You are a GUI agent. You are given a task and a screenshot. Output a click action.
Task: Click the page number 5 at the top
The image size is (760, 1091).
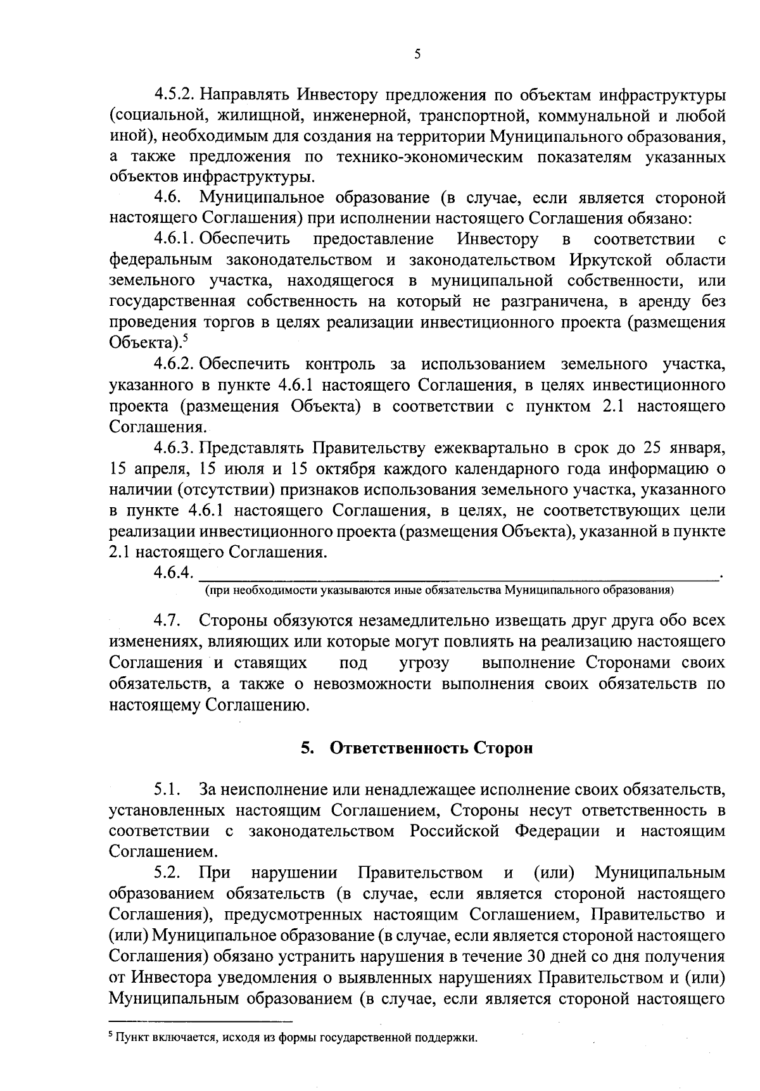tap(417, 54)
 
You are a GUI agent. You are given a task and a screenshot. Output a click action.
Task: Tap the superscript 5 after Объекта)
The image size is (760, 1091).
tap(184, 339)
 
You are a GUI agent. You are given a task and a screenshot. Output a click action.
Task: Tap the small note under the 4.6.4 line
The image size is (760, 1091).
tap(438, 590)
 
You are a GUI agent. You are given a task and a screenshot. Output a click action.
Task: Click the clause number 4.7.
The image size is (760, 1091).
tap(167, 621)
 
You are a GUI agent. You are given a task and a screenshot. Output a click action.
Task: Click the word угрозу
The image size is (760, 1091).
tap(424, 663)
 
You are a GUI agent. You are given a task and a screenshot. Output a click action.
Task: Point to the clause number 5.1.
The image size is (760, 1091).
tap(167, 790)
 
